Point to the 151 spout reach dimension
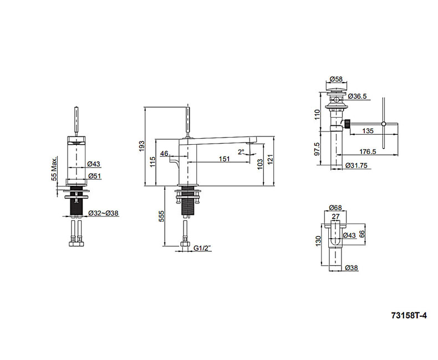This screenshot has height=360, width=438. [224, 159]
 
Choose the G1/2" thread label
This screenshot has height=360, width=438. [205, 249]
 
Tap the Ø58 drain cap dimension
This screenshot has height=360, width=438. [336, 79]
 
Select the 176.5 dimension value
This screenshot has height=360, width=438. [368, 151]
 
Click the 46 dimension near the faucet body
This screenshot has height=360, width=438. [164, 153]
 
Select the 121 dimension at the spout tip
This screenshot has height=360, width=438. [271, 159]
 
